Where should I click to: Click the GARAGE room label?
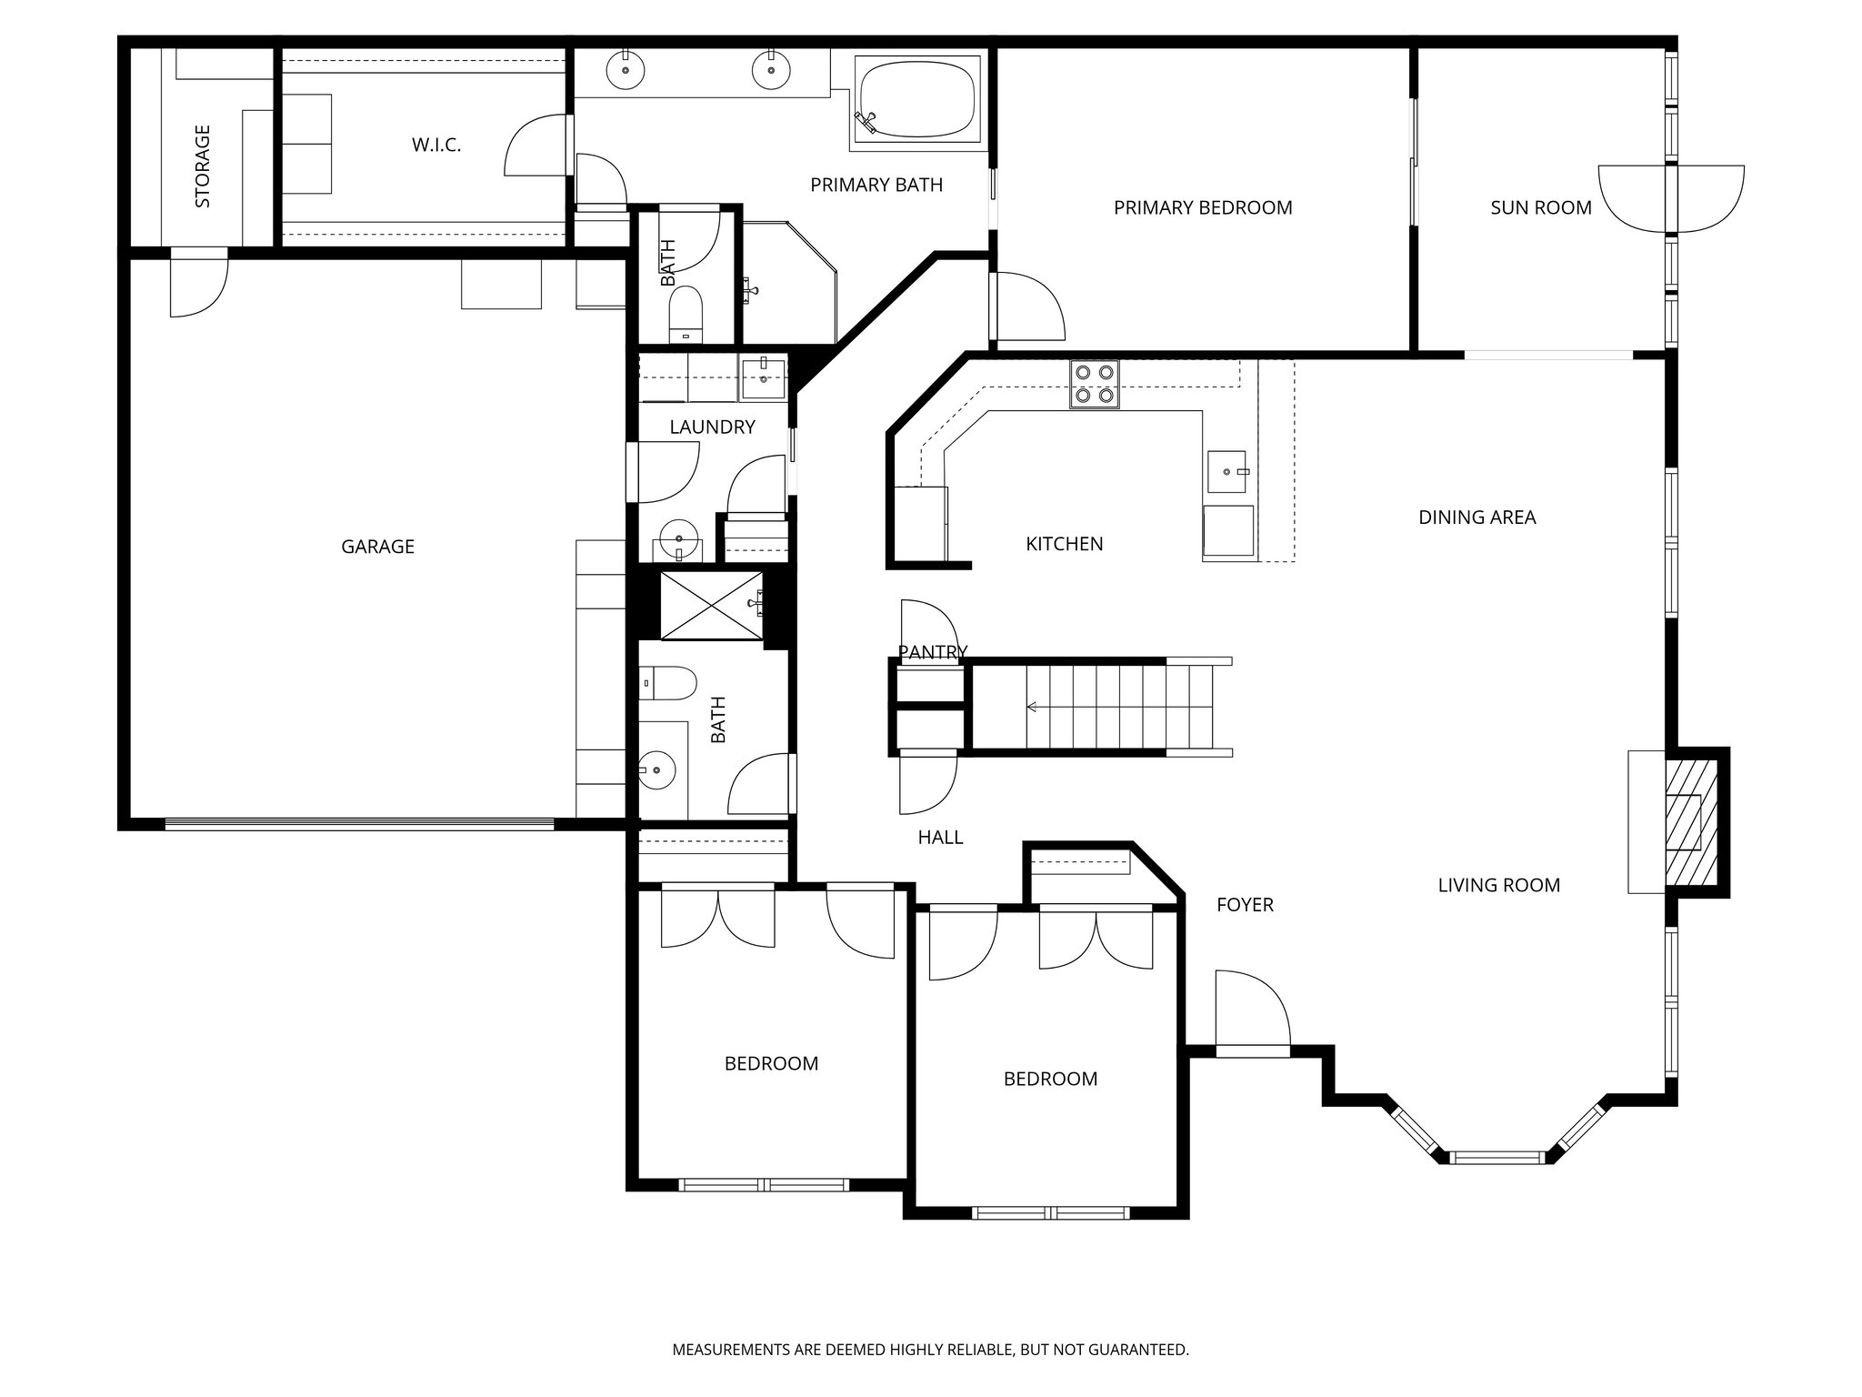click(377, 547)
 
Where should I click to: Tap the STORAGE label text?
click(203, 166)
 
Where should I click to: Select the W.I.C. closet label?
click(436, 145)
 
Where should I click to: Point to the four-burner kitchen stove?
click(1094, 383)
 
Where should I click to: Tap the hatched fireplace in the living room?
click(1692, 820)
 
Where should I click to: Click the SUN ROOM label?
click(1541, 208)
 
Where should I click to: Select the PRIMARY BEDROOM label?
click(1203, 208)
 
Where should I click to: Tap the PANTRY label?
click(933, 652)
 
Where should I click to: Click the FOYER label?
click(1245, 905)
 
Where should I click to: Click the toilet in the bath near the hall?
click(667, 681)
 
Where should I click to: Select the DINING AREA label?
click(1477, 518)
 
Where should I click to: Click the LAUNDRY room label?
click(712, 427)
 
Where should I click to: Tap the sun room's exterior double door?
click(1672, 199)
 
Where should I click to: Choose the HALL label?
click(940, 838)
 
